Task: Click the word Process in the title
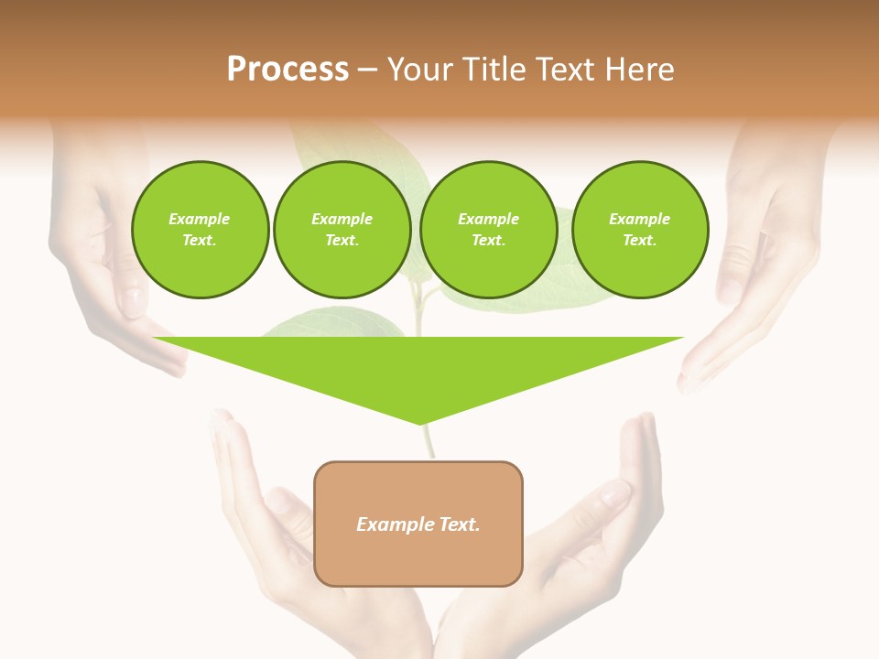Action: click(x=288, y=70)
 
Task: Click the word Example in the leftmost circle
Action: click(x=200, y=219)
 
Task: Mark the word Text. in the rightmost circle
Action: click(x=639, y=240)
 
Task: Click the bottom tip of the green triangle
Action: click(x=420, y=422)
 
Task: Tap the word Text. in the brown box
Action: click(x=458, y=524)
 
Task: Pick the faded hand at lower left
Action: click(x=275, y=549)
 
